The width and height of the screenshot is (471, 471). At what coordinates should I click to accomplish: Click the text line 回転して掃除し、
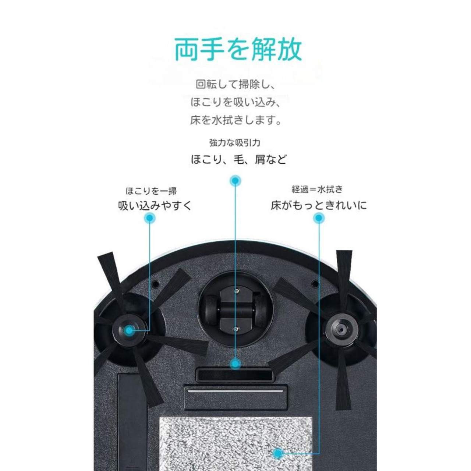(235, 85)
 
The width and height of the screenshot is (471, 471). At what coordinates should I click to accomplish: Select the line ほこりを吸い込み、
(236, 102)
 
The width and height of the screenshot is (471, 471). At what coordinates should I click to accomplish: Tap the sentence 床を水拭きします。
(236, 120)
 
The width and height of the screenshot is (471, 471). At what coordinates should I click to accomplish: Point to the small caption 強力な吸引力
(235, 142)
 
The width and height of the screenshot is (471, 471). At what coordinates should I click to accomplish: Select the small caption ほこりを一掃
(151, 191)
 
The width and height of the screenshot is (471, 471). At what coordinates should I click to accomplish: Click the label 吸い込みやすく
(155, 205)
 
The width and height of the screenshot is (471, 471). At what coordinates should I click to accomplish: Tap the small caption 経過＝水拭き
(317, 190)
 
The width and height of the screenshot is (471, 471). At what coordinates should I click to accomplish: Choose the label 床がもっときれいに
(319, 205)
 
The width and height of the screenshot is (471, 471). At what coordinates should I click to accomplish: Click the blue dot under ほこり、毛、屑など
(235, 181)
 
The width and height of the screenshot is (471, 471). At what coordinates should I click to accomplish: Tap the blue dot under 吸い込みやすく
(149, 218)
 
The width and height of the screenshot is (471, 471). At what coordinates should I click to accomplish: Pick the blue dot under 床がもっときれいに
(319, 219)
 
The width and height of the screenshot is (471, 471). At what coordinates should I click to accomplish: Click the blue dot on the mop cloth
(279, 453)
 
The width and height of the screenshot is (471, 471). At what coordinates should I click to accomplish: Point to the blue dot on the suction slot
(235, 364)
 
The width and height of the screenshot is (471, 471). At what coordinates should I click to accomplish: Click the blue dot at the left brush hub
(129, 330)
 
